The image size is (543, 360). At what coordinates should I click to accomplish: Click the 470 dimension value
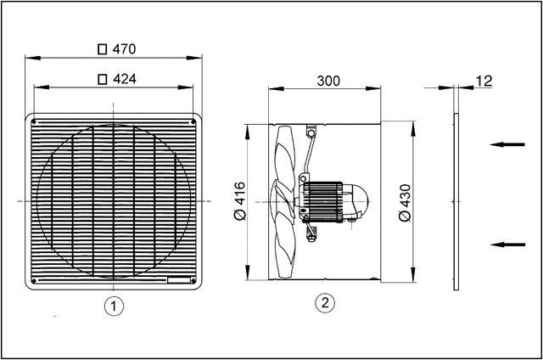pos(125,49)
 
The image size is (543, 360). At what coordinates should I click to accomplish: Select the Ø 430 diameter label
pos(404,201)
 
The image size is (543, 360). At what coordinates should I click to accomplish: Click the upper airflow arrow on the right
pos(509,145)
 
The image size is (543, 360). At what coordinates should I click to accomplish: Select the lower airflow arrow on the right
pos(509,245)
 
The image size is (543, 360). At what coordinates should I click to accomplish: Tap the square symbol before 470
pos(103,49)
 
